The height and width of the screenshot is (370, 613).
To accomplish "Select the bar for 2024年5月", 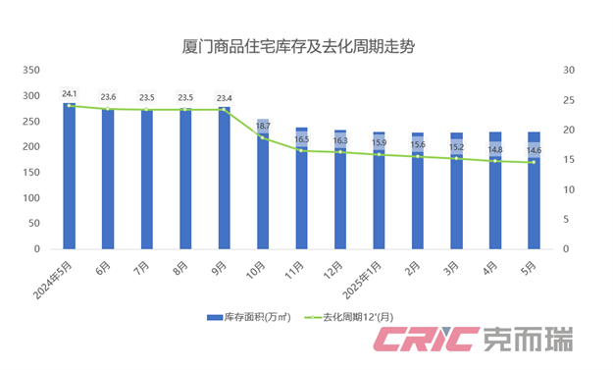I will click(70, 177).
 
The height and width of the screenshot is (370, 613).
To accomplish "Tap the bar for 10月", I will click(263, 186).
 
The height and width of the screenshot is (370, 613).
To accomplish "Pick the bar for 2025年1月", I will click(379, 191).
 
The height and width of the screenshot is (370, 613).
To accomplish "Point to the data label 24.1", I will click(70, 94).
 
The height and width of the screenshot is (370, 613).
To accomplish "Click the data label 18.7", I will click(263, 127).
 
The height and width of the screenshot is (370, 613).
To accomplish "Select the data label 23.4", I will click(225, 98).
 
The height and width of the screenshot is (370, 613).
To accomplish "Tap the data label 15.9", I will click(379, 143).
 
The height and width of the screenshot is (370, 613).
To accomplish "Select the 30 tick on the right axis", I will click(567, 71).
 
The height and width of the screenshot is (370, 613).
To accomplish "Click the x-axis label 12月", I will click(332, 266).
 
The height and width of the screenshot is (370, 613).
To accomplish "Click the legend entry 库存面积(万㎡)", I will click(249, 317).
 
